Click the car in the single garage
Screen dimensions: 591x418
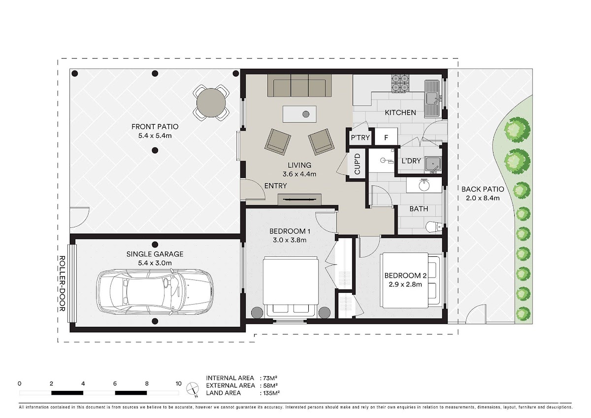pos(155,292)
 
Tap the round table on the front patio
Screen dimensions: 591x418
pos(211,103)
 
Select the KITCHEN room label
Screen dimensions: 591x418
pos(400,113)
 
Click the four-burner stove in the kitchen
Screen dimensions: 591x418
pos(400,83)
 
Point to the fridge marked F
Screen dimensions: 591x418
pos(386,137)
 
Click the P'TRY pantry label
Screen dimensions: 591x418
pos(360,138)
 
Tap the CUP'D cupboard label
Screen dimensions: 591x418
pos(357,164)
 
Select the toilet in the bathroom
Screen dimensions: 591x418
pos(434,227)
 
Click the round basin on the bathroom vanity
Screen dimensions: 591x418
pos(424,185)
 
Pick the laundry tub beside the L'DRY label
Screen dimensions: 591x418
pos(433,165)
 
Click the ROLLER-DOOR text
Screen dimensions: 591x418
pos(62,283)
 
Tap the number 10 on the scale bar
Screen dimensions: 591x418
pos(179,383)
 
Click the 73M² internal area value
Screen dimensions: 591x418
pos(270,378)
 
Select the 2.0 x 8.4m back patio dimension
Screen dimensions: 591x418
pos(483,198)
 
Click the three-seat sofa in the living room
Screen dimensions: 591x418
pos(300,86)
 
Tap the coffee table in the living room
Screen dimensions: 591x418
pos(299,114)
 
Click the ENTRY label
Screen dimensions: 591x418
pos(275,186)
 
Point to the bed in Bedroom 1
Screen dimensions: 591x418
pos(291,287)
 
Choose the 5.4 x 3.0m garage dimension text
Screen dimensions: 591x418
pos(155,263)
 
